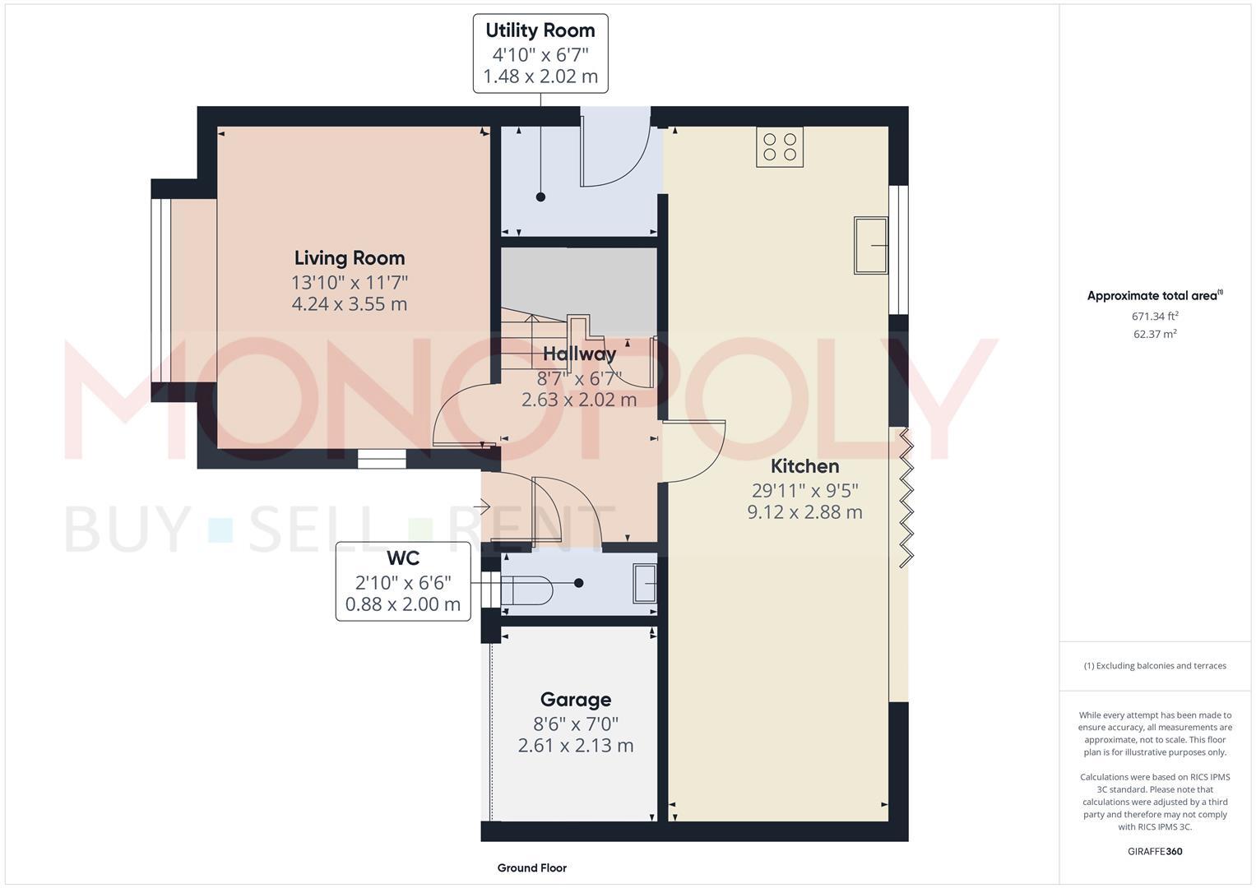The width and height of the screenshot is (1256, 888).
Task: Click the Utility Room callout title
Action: [540, 31]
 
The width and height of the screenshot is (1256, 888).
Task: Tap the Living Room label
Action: [350, 258]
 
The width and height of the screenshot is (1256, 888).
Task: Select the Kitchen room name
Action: [804, 466]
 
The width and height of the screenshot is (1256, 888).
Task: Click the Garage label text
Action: [575, 700]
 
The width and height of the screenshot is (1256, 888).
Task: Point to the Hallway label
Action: [579, 354]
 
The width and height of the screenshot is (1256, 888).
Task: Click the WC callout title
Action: [403, 559]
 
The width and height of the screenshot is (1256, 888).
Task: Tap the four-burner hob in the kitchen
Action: [780, 147]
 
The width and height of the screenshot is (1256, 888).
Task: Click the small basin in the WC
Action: [645, 583]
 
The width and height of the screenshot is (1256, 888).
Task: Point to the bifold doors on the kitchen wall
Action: [906, 497]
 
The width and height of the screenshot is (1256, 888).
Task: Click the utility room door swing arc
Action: [617, 156]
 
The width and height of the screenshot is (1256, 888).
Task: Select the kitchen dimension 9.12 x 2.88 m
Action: [804, 512]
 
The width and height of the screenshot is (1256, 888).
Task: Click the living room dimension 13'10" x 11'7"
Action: [350, 283]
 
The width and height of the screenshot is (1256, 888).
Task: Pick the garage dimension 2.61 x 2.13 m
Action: [575, 746]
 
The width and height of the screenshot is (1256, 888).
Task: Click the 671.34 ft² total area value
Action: [1155, 316]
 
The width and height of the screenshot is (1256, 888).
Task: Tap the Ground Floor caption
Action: [531, 867]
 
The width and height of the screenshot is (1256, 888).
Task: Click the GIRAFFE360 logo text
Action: [1155, 851]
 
